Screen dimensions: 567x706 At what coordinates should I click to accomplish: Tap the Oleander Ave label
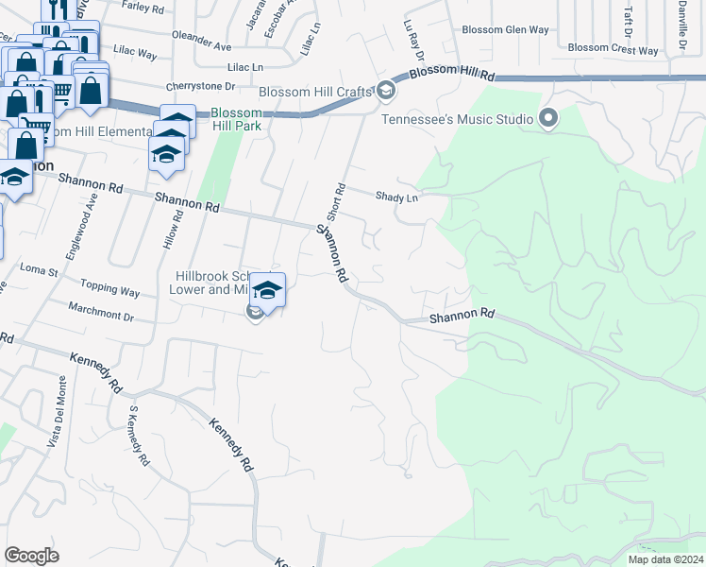point(201,45)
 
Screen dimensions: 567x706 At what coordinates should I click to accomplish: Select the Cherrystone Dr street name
point(199,86)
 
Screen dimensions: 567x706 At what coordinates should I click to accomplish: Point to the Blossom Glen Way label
point(504,29)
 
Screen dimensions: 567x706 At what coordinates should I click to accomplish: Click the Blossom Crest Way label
point(614,48)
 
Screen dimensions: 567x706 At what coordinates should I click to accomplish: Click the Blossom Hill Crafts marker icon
point(385,91)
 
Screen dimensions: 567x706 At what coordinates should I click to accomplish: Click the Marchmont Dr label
point(101,311)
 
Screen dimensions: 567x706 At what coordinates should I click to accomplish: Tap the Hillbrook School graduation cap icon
point(268,290)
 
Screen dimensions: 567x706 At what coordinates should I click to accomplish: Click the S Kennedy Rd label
point(139,436)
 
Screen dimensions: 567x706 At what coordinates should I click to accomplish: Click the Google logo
point(32,555)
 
